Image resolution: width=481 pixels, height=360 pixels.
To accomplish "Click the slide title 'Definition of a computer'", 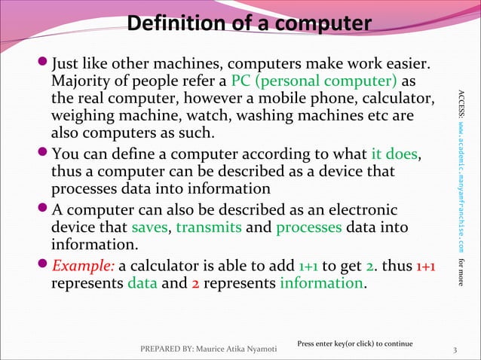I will [x=249, y=25].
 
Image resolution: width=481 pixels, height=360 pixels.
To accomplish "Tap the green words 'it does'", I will [x=394, y=155].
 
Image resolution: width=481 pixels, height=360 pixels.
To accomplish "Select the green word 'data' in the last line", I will [x=142, y=284].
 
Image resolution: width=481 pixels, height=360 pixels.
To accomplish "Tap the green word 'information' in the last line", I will [x=320, y=284].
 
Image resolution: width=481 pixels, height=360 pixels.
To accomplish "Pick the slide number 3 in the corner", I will [x=455, y=349].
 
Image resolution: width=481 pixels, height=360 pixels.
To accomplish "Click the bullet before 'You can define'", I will [x=42, y=155].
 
